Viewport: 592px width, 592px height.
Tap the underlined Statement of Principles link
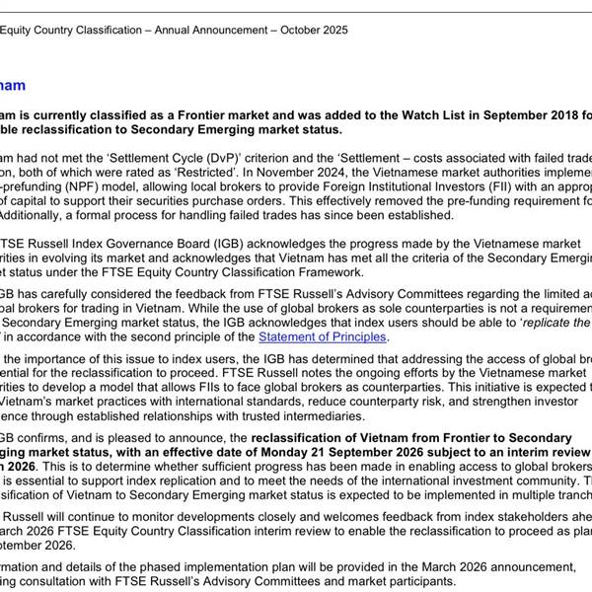319,336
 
